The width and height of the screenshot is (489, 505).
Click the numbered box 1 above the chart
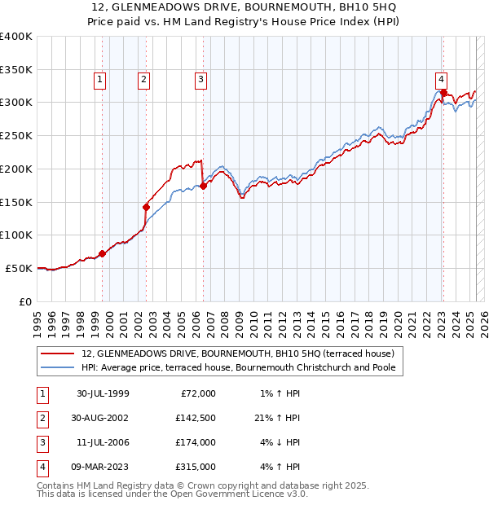[99, 80]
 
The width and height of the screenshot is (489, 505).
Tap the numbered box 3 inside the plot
[200, 80]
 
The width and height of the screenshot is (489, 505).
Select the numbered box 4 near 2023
[440, 80]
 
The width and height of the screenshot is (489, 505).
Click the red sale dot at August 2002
[147, 207]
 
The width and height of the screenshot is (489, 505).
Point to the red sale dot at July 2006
[203, 186]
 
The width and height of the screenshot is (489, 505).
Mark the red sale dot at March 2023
[443, 93]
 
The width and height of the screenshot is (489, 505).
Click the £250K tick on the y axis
[16, 135]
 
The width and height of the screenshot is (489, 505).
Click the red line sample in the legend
[59, 353]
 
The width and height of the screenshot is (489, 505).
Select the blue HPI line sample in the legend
[59, 368]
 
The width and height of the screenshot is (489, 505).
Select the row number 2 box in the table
[42, 418]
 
